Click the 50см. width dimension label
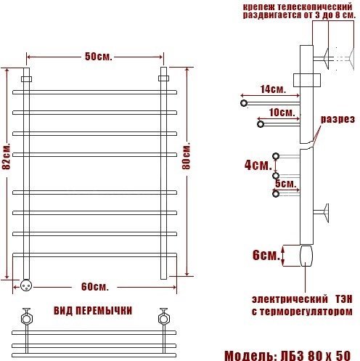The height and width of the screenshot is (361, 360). pos(99,57)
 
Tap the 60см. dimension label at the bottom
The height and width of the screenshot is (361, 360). pos(95,287)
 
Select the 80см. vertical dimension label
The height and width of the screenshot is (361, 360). pos(187,157)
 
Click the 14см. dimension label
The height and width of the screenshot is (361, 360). pos(273,89)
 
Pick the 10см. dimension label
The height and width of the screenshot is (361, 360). pos(282,112)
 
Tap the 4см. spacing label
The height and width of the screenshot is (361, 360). pos(258,166)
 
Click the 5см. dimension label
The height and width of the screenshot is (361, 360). pos(286,183)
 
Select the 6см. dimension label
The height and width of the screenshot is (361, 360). pos(266,255)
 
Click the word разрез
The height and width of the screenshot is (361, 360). pos(337,119)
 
